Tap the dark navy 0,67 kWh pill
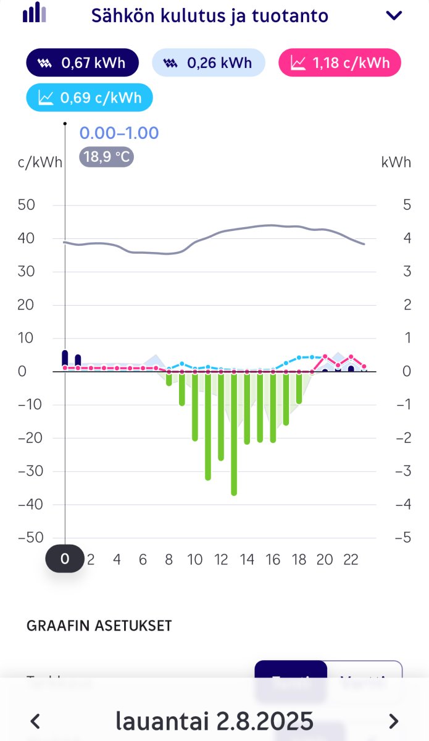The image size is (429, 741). coord(82,63)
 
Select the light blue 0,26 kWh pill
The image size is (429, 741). coord(208,63)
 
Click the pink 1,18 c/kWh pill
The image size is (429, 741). coord(339,63)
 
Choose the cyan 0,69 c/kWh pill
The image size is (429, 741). coord(90,98)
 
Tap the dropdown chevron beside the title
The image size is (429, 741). coord(393,16)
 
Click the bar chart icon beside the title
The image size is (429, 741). coord(35,13)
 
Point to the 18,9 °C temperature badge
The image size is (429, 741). coord(106,157)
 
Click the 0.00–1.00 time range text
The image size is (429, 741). coord(119,133)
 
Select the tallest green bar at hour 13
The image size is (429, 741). coord(234,432)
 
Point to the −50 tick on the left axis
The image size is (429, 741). coord(31,538)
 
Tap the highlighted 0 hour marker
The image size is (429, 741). coord(65,559)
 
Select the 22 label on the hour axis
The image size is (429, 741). coord(351,559)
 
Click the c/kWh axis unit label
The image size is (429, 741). coord(40,163)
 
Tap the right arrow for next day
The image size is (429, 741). coord(393,721)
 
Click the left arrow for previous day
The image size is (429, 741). coord(36,721)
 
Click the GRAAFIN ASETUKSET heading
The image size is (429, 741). coord(99,626)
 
